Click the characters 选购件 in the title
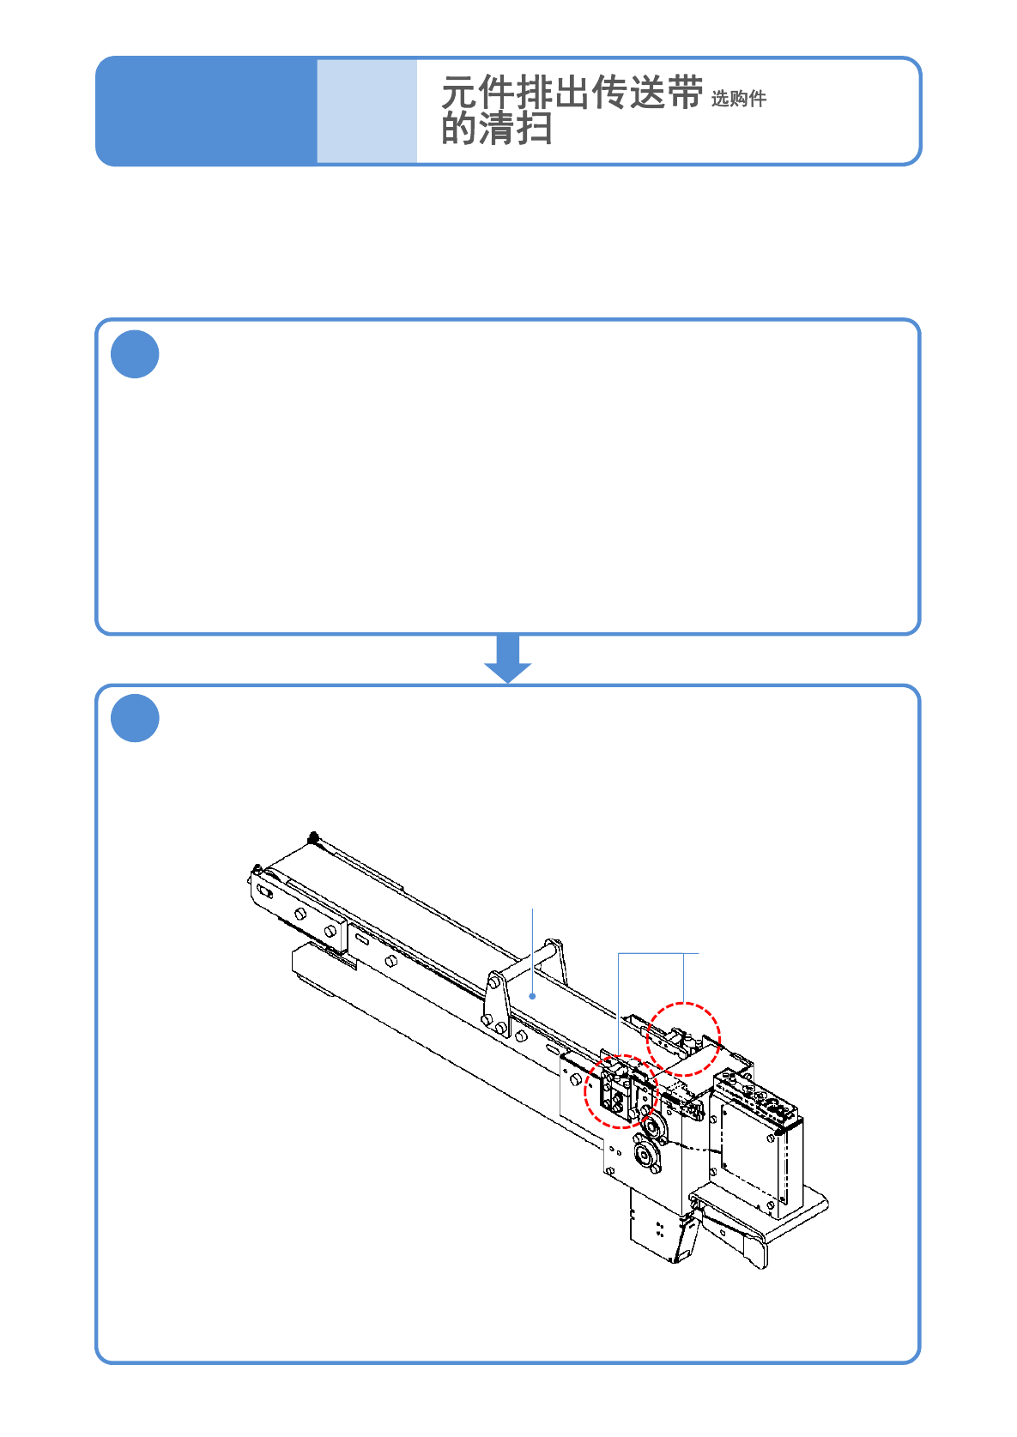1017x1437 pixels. [738, 99]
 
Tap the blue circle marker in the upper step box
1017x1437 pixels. [135, 353]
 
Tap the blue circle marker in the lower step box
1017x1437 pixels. [135, 718]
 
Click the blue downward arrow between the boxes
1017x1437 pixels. [508, 659]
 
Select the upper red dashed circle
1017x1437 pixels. [683, 1039]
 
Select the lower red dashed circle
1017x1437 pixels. [620, 1091]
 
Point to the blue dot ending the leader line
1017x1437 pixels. [533, 996]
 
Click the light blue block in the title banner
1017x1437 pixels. [366, 111]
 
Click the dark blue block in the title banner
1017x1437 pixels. [206, 111]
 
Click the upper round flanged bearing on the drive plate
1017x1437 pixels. [652, 1126]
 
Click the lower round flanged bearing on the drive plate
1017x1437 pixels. [645, 1156]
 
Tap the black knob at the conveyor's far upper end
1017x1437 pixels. [314, 837]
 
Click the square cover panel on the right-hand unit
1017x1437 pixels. [752, 1150]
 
